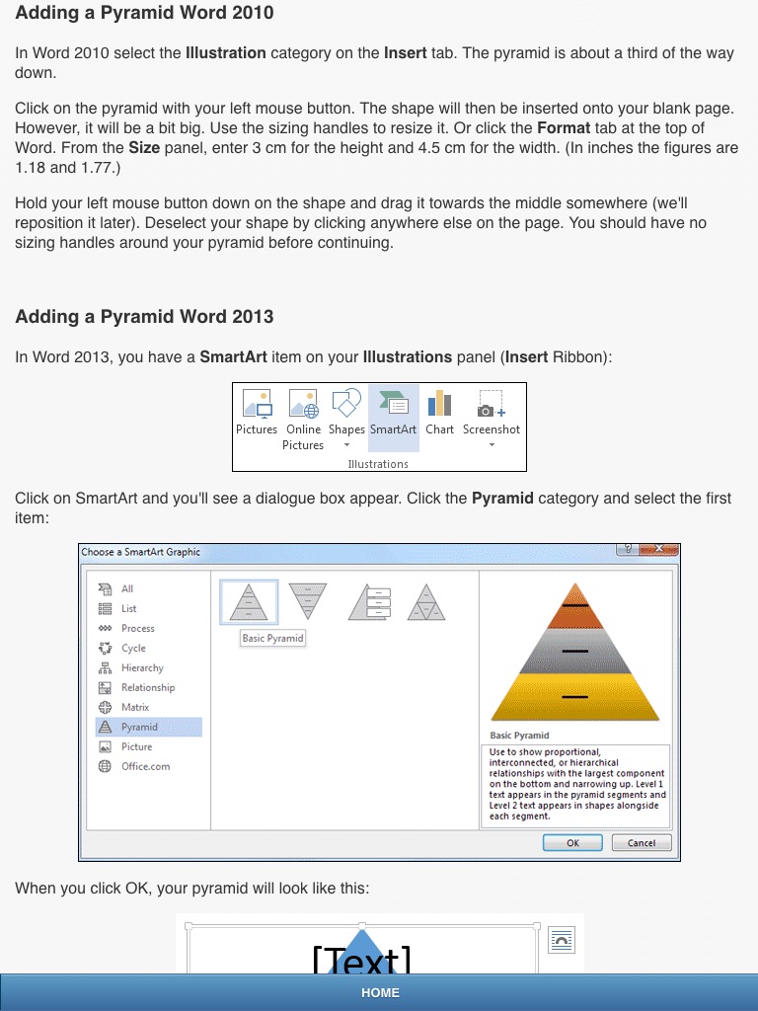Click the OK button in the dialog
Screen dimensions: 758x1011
tap(572, 843)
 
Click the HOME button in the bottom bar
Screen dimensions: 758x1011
tap(380, 992)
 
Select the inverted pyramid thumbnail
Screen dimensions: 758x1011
tap(308, 601)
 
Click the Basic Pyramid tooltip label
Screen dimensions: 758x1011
tap(272, 638)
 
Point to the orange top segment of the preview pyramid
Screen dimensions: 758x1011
tap(575, 607)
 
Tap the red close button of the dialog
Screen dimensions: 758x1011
tap(658, 549)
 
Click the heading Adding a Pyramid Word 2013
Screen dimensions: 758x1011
tap(144, 317)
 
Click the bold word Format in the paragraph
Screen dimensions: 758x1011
tap(564, 127)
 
